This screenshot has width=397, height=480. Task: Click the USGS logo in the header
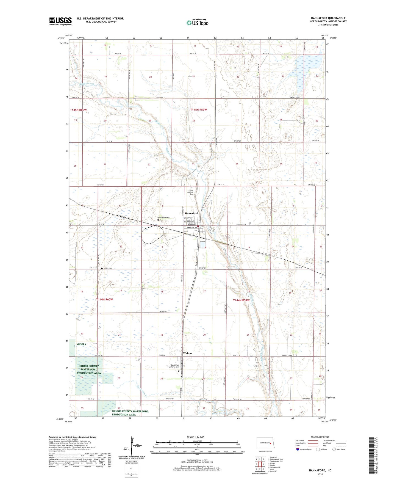click(60, 21)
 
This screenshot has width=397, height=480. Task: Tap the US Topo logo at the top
click(197, 23)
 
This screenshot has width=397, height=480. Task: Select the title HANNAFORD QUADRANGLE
click(328, 18)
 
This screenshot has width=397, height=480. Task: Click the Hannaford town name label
click(191, 213)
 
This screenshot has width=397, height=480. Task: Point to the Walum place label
click(187, 353)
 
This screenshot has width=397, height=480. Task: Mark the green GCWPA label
click(82, 344)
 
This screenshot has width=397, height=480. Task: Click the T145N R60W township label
click(78, 110)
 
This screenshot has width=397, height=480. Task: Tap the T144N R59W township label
click(241, 300)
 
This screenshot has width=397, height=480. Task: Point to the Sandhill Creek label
click(87, 83)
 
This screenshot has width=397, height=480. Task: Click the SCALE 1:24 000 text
click(195, 437)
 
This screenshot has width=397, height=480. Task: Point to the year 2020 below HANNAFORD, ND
click(320, 474)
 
